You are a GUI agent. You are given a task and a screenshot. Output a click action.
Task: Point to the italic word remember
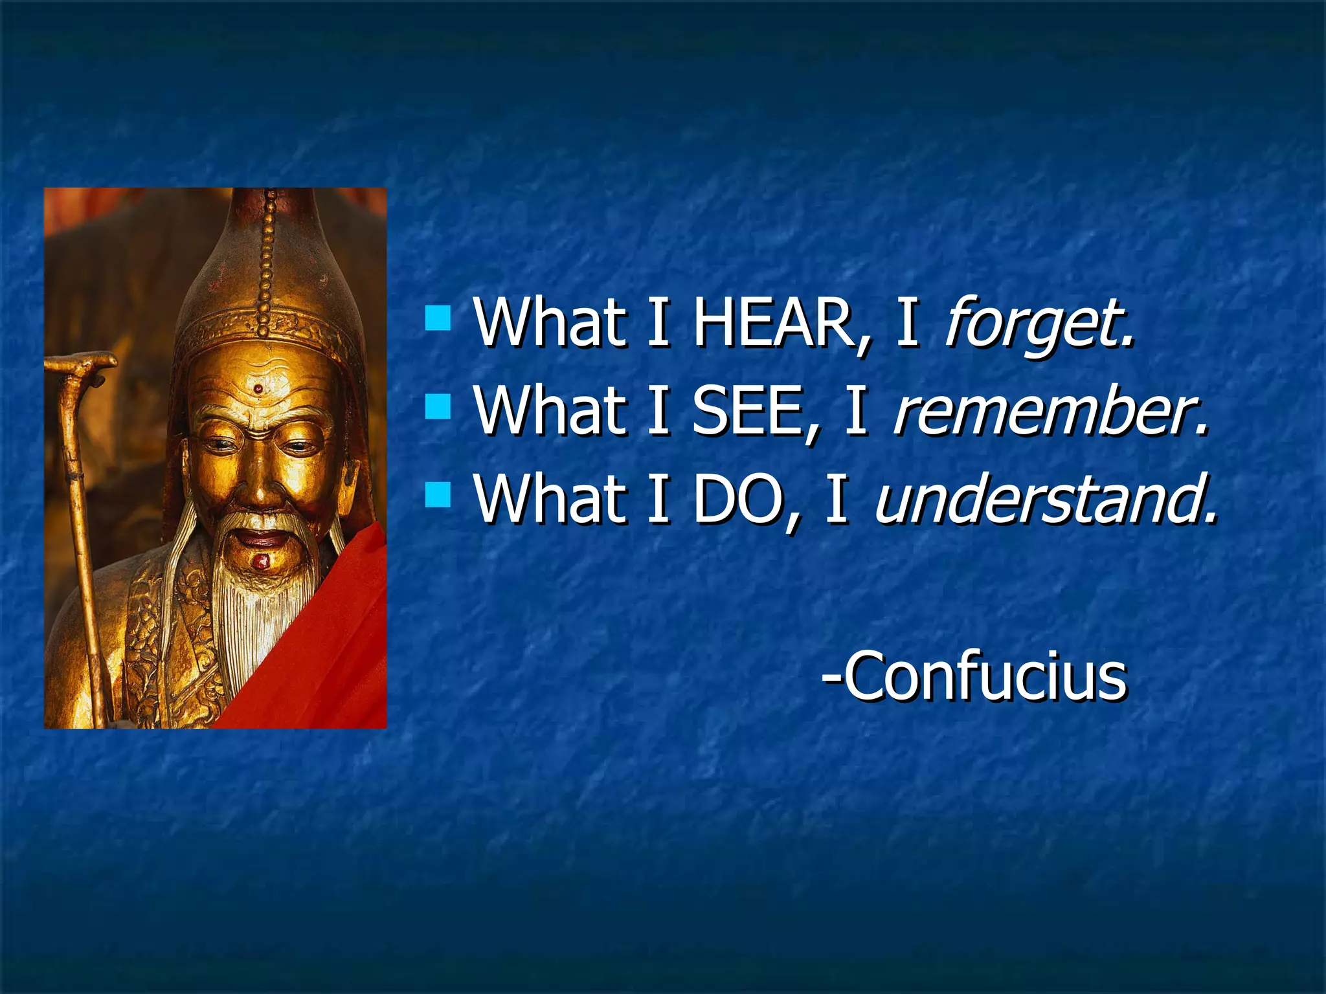click(x=1049, y=410)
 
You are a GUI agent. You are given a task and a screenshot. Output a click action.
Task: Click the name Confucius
click(x=974, y=676)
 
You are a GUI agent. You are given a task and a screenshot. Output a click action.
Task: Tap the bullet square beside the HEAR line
click(x=438, y=318)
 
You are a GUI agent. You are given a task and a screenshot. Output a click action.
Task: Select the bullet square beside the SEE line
click(x=438, y=407)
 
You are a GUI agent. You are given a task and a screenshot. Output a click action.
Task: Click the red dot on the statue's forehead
click(x=258, y=389)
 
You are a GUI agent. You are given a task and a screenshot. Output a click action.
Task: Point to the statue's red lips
click(x=262, y=537)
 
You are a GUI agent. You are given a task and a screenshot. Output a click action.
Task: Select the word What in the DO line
click(x=550, y=498)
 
